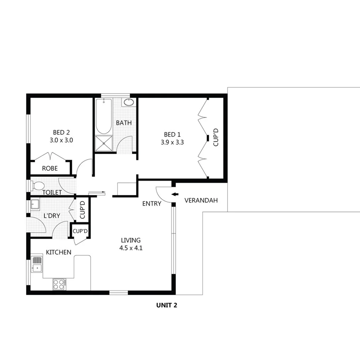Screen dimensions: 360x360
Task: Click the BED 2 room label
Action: click(x=61, y=131)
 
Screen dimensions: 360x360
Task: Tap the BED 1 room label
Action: click(x=172, y=134)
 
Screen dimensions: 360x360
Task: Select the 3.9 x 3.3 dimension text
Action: click(x=172, y=142)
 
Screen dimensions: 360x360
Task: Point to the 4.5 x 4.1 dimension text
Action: click(x=131, y=248)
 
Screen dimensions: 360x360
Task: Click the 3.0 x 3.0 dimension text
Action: click(x=61, y=141)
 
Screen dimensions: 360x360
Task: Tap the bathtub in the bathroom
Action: click(x=104, y=116)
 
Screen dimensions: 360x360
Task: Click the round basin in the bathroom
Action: click(x=129, y=102)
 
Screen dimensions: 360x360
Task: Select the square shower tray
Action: click(x=104, y=144)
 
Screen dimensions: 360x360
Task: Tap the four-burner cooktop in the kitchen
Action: click(x=59, y=284)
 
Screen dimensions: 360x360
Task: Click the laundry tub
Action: click(x=35, y=205)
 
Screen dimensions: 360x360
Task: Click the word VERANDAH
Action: click(x=201, y=200)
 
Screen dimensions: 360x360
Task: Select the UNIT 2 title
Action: click(x=166, y=305)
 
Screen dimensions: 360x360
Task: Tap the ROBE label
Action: click(x=50, y=168)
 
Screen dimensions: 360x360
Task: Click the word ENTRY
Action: click(x=151, y=204)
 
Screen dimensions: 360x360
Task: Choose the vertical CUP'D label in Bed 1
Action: click(x=216, y=138)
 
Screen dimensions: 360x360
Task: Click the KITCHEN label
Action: click(x=58, y=252)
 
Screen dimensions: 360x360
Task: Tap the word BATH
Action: click(x=124, y=123)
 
